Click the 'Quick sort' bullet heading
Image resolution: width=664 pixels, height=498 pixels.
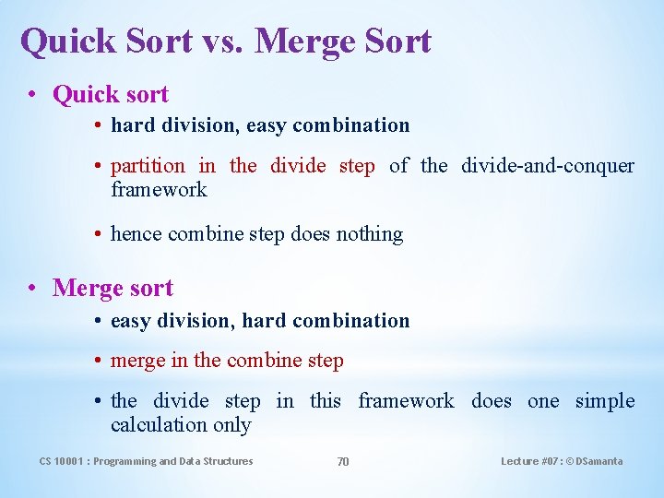pos(111,94)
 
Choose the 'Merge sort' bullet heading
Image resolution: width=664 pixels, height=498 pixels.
pos(113,288)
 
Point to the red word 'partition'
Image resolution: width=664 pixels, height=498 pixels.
pos(148,166)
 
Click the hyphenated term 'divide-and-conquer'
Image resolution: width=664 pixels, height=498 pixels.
pos(548,166)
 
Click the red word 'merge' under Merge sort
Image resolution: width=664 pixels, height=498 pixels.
pos(138,361)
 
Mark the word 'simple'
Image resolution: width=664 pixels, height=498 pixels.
pos(605,401)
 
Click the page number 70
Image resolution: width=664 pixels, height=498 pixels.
pos(342,462)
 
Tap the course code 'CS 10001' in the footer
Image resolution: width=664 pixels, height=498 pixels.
pos(63,461)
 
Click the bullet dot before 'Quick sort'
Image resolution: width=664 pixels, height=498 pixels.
pos(32,95)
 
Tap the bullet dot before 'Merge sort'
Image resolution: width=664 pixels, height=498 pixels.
pos(32,289)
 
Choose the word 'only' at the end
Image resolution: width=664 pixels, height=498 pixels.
pos(232,425)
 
